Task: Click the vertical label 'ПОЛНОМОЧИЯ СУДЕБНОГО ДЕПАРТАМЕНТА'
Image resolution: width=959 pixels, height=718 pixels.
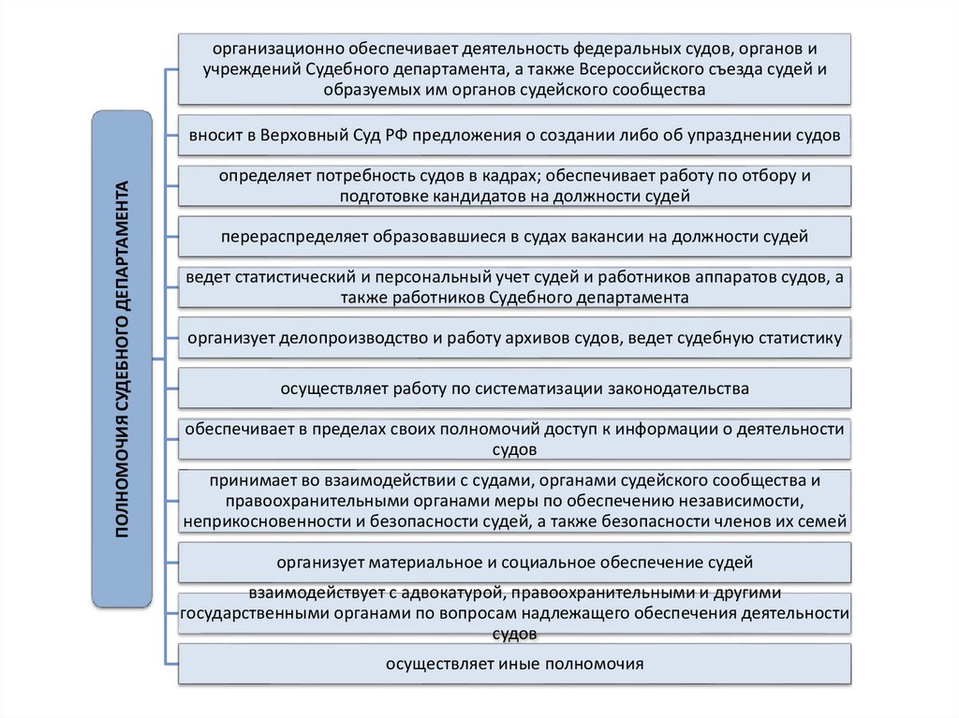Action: click(121, 359)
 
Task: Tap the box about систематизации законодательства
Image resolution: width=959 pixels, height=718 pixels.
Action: click(514, 388)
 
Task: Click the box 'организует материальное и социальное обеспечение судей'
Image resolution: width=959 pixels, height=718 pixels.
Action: click(514, 563)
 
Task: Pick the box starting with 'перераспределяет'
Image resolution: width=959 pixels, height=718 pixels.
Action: click(514, 237)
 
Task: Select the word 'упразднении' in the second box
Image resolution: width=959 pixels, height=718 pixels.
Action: click(730, 135)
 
